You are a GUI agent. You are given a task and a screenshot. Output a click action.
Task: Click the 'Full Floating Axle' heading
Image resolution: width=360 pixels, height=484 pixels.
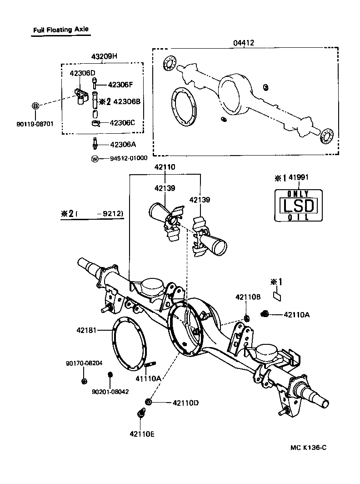click(60, 30)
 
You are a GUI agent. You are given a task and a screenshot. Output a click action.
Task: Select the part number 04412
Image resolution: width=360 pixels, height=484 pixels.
click(244, 43)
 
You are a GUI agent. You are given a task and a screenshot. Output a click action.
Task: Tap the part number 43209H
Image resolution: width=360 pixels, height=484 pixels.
click(104, 56)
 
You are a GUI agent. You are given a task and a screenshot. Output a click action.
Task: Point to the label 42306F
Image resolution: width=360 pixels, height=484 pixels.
click(121, 85)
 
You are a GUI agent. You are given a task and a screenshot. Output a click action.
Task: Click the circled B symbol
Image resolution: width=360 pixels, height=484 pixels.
click(35, 106)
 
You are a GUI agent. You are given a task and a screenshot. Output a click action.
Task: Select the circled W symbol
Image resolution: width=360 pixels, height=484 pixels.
click(95, 159)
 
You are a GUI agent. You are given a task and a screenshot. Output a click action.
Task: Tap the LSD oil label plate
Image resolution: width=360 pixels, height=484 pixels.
click(298, 206)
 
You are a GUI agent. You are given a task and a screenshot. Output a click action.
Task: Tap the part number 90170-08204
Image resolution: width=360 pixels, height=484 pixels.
click(84, 363)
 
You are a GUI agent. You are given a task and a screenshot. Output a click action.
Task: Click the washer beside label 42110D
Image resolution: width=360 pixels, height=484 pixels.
click(148, 402)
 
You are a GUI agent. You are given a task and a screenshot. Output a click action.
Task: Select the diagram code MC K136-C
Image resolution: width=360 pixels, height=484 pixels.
click(309, 448)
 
